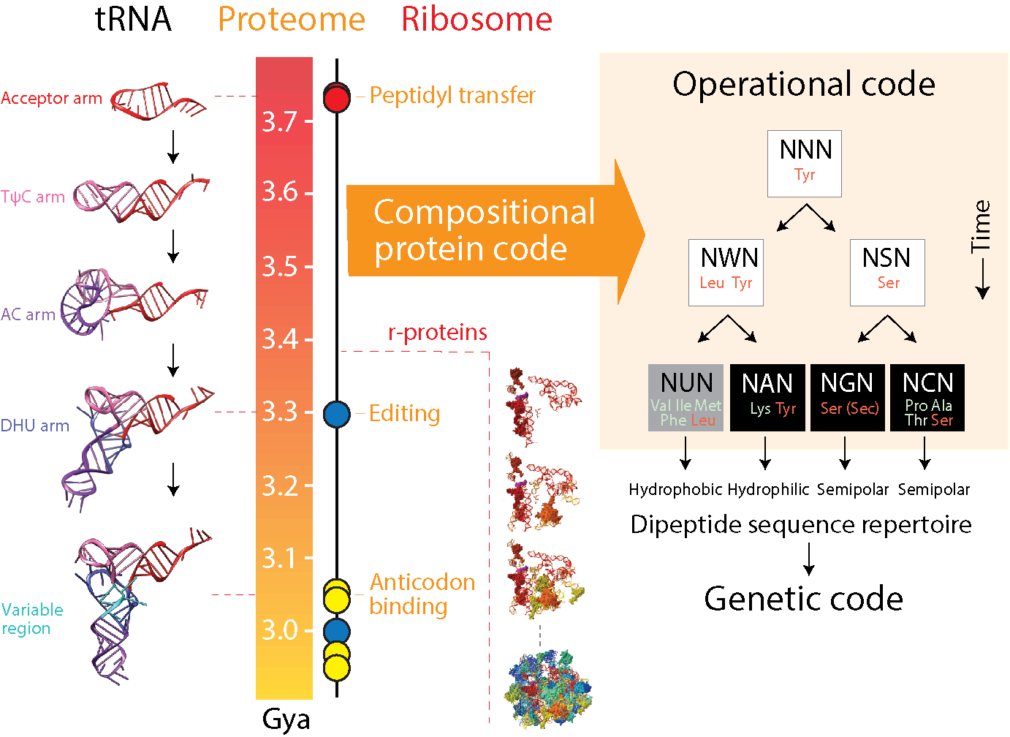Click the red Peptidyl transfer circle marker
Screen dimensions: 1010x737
pyautogui.click(x=336, y=98)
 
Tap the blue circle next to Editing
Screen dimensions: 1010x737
pyautogui.click(x=336, y=414)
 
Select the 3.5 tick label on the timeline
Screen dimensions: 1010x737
pyautogui.click(x=280, y=267)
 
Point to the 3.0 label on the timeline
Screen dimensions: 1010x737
pyautogui.click(x=280, y=630)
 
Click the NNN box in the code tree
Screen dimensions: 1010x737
pyautogui.click(x=805, y=164)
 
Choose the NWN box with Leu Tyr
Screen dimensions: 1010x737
pyautogui.click(x=726, y=273)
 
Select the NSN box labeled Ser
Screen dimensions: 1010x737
pyautogui.click(x=887, y=273)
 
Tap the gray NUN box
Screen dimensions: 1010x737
pyautogui.click(x=686, y=397)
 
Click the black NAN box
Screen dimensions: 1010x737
pyautogui.click(x=767, y=397)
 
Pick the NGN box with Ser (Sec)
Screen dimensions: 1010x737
pyautogui.click(x=848, y=397)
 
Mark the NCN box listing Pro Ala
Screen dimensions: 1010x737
pyautogui.click(x=927, y=397)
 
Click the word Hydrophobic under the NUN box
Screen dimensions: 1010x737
pyautogui.click(x=675, y=489)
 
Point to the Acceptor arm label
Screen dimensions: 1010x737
pyautogui.click(x=51, y=98)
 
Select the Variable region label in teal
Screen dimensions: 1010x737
pyautogui.click(x=32, y=619)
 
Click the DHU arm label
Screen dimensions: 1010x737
pyautogui.click(x=35, y=426)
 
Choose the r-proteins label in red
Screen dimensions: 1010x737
pyautogui.click(x=437, y=333)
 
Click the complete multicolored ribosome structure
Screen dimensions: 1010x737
pyautogui.click(x=547, y=688)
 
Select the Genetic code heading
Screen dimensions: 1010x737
pyautogui.click(x=803, y=599)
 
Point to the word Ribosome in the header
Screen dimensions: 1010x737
pyautogui.click(x=476, y=20)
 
